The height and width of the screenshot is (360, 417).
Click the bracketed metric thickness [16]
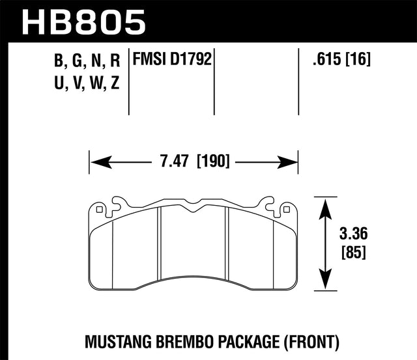tap(358, 61)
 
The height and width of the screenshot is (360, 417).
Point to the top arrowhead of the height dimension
tap(324, 201)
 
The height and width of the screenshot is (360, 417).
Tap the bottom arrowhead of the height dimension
tap(324, 284)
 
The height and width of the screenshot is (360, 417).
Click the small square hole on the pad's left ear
tap(98, 210)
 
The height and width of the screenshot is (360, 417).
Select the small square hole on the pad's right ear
tap(285, 210)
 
